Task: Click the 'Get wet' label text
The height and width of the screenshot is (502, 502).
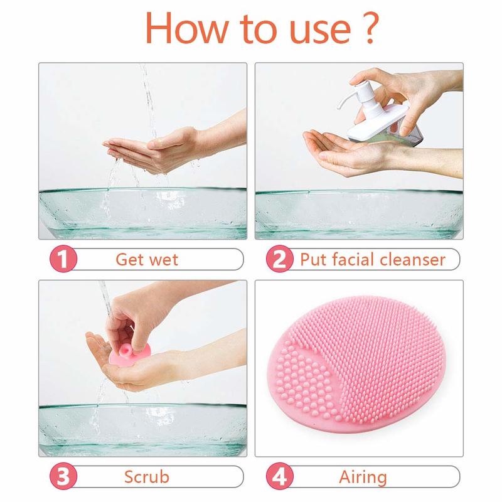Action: tap(146, 259)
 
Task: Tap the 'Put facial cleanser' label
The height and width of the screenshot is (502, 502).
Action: tap(372, 259)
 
